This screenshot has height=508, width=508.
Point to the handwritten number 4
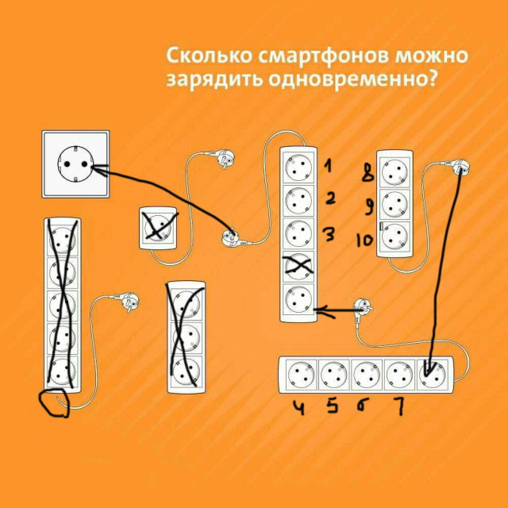299,407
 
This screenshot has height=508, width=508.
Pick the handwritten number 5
331,407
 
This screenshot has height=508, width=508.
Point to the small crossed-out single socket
159,228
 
